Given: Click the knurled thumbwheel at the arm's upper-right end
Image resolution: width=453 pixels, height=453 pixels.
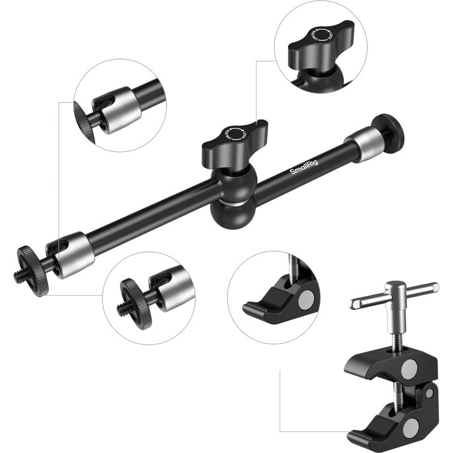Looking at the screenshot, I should point(389,129).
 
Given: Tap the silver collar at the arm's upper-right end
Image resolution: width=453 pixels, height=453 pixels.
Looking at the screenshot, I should point(362,144).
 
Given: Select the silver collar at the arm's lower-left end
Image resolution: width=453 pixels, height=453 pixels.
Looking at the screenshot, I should point(72,253).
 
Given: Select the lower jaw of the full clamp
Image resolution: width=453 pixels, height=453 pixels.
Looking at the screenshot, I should point(374,427).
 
